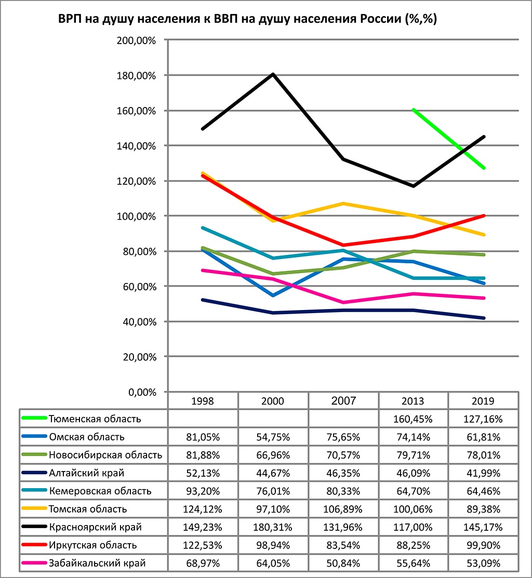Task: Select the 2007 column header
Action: click(x=343, y=400)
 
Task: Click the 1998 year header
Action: click(x=203, y=401)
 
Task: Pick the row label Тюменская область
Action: click(x=95, y=419)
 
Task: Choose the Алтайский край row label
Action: click(x=86, y=473)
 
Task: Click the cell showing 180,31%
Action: click(x=273, y=527)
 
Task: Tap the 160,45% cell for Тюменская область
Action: click(x=413, y=419)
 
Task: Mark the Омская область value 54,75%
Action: click(x=273, y=437)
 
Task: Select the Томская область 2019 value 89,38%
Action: click(x=483, y=509)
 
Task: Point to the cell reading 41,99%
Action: click(x=483, y=473)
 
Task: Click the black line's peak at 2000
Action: click(x=273, y=74)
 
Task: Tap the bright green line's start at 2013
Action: click(x=413, y=110)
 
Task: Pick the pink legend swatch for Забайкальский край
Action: click(x=34, y=563)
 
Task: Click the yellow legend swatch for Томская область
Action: click(x=34, y=509)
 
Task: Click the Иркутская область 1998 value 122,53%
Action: click(x=203, y=545)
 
